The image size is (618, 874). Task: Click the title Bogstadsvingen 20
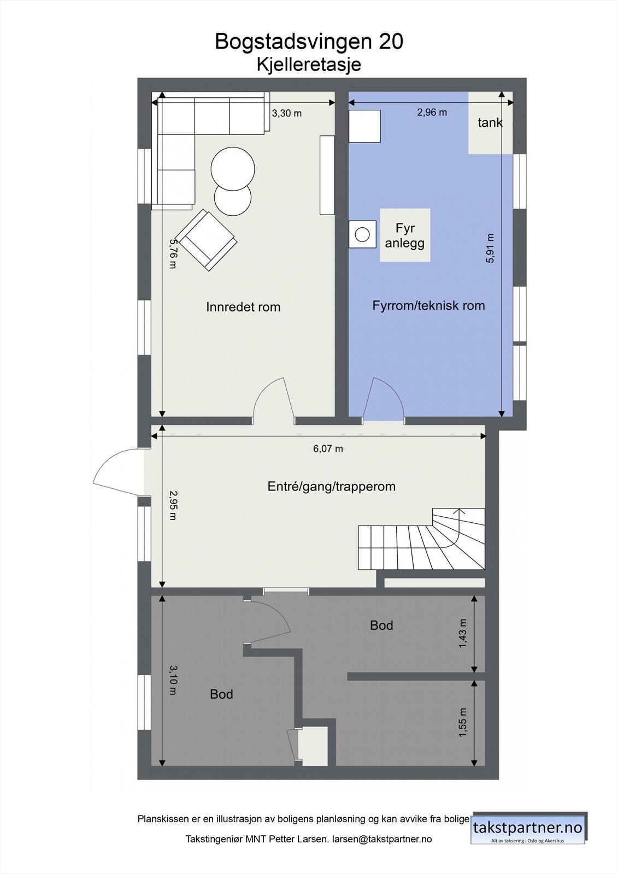tap(309, 42)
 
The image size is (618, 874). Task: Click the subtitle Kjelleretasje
tap(309, 64)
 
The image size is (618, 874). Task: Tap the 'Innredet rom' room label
tap(243, 307)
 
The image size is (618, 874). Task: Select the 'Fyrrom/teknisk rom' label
tap(428, 305)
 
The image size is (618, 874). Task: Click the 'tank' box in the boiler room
tap(490, 123)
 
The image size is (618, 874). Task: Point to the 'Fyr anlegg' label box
tap(405, 235)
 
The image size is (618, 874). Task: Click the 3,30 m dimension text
tap(287, 114)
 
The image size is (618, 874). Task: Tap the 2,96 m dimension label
tap(432, 113)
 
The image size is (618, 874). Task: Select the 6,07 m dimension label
tap(328, 449)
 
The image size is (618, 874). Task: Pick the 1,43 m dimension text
tap(463, 634)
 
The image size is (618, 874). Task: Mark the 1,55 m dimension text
tap(463, 723)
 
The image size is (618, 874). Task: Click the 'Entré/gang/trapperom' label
tap(331, 486)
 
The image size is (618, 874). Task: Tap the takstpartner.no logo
tap(528, 828)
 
